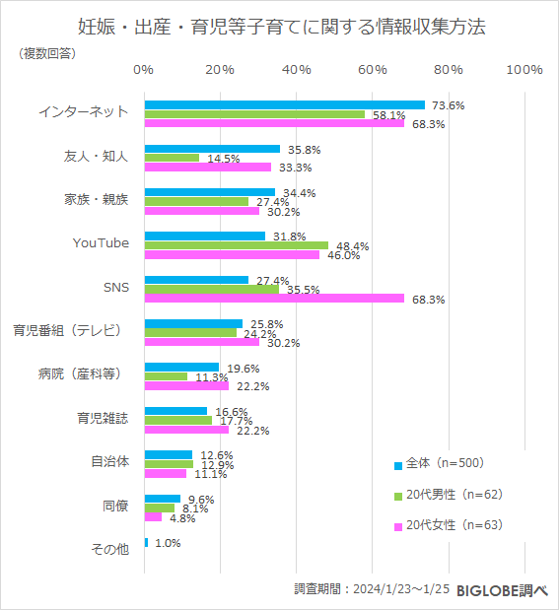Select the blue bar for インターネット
click(x=284, y=104)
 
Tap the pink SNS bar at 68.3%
click(x=274, y=298)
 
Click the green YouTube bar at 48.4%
click(x=236, y=245)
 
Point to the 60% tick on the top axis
click(x=372, y=69)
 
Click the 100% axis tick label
click(x=524, y=69)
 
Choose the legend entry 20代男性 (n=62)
click(x=449, y=494)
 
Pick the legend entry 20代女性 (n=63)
click(x=449, y=525)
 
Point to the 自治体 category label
click(x=108, y=461)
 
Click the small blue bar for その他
click(x=146, y=542)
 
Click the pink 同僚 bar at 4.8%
click(x=153, y=516)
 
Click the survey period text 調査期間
click(x=372, y=588)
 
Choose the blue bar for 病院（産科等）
click(x=181, y=367)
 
